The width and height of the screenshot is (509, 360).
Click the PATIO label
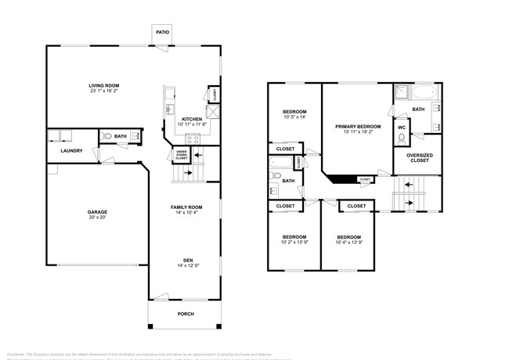[162, 32]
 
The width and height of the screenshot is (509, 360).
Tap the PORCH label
[185, 314]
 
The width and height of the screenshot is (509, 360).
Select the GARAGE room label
[97, 211]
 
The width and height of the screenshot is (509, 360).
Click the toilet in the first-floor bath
[107, 136]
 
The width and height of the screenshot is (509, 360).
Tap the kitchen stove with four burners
[193, 139]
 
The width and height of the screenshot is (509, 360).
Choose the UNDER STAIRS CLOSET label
[181, 155]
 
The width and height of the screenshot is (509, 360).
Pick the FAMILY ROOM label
[187, 206]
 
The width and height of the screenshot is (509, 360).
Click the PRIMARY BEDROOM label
[358, 126]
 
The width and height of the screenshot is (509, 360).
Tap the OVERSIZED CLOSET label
[419, 158]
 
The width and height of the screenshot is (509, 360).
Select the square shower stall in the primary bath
[400, 93]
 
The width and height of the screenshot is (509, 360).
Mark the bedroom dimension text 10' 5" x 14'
[294, 118]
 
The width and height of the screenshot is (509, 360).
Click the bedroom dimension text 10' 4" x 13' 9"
[348, 243]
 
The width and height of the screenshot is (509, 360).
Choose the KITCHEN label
[192, 119]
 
